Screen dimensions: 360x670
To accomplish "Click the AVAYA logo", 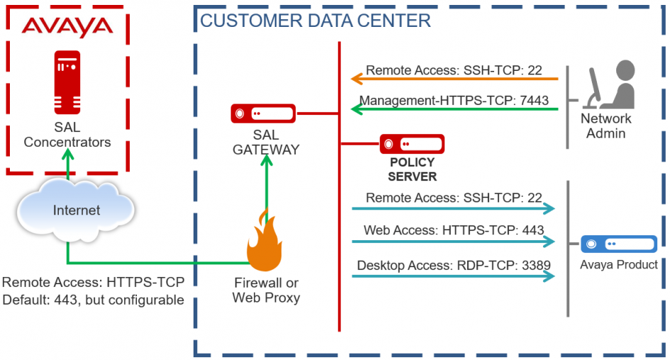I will click(67, 27).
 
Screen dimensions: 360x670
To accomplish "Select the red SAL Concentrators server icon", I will click(67, 84).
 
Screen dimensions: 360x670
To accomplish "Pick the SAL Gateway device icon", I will click(263, 113).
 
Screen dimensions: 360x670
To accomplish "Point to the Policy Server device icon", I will click(412, 144).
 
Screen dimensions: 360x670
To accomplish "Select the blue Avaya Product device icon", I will click(618, 244).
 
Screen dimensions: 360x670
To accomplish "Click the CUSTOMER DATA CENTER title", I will click(316, 20).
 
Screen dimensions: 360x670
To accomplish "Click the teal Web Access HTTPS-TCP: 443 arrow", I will click(454, 242).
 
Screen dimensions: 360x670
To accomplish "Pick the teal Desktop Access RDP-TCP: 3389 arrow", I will click(454, 276).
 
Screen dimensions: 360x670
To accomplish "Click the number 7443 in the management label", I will click(533, 100).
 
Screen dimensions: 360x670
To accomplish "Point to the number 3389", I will click(535, 266).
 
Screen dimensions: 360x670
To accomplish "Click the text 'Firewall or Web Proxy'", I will click(267, 290).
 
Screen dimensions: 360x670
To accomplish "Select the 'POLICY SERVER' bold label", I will click(412, 169).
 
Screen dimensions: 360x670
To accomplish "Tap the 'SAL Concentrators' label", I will click(67, 135).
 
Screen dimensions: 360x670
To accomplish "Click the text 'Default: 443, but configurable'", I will click(93, 300).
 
